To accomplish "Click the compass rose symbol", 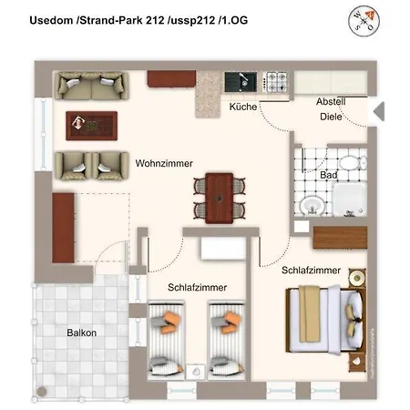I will (360, 19).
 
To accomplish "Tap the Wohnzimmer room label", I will (164, 164).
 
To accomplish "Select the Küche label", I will (242, 107).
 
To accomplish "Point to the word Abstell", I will (332, 100).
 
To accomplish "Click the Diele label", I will (330, 117).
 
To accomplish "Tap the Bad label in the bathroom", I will (330, 173).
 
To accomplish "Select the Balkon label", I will (81, 333).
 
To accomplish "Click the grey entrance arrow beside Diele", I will (381, 112).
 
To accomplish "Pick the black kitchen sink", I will (242, 81).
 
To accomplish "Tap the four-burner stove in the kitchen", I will (276, 81).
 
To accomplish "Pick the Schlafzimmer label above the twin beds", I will (197, 287).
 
